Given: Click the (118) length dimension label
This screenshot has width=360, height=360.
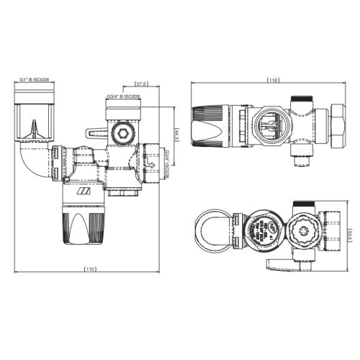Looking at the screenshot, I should click(x=273, y=79).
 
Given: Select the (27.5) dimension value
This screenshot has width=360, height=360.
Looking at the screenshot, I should click(x=141, y=84).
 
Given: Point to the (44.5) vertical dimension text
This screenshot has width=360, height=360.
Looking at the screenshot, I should click(x=176, y=137).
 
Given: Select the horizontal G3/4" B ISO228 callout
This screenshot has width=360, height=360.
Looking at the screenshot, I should click(x=123, y=96).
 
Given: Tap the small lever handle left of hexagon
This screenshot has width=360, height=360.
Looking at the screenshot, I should click(x=94, y=132).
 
